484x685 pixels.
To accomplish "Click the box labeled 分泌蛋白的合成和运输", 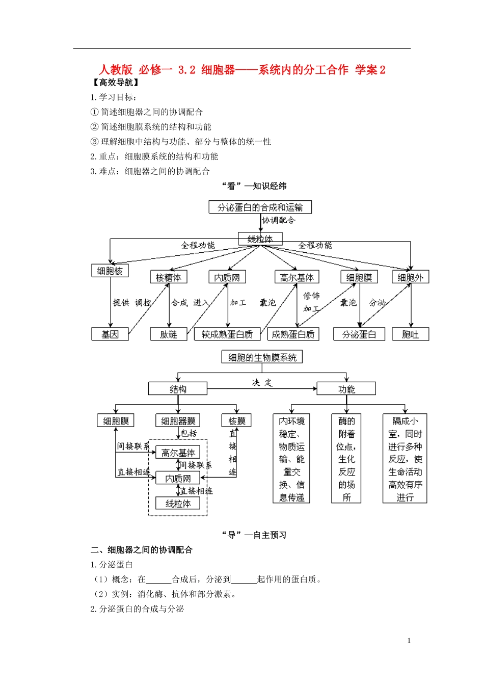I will point(260,207).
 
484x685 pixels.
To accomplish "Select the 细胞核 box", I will point(110,271).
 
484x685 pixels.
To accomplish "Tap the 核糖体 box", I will point(169,277).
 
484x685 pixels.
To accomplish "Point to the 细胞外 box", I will point(410,277).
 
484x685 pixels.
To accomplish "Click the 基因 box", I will point(110,334).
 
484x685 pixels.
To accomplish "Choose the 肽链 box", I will point(169,334).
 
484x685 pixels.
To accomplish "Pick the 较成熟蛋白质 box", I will point(227,334).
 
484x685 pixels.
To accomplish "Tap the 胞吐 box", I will point(410,334).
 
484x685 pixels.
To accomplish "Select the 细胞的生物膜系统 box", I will point(262,357).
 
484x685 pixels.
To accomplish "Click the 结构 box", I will point(178,389).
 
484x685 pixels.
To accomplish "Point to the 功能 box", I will point(346,389).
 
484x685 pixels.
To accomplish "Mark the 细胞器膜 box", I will point(178,421).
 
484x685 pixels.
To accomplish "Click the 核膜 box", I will point(237,421).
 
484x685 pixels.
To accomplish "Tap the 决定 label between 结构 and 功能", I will point(262,382).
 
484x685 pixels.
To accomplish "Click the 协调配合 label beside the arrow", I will point(279,220).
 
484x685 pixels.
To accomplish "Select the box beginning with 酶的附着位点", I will point(346,459).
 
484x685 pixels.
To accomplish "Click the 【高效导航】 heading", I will point(115,83).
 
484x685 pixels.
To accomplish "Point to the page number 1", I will point(409,641).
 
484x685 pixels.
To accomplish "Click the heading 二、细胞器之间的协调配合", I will point(142,550).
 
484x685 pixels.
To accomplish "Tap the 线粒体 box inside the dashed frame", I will point(178,504).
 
